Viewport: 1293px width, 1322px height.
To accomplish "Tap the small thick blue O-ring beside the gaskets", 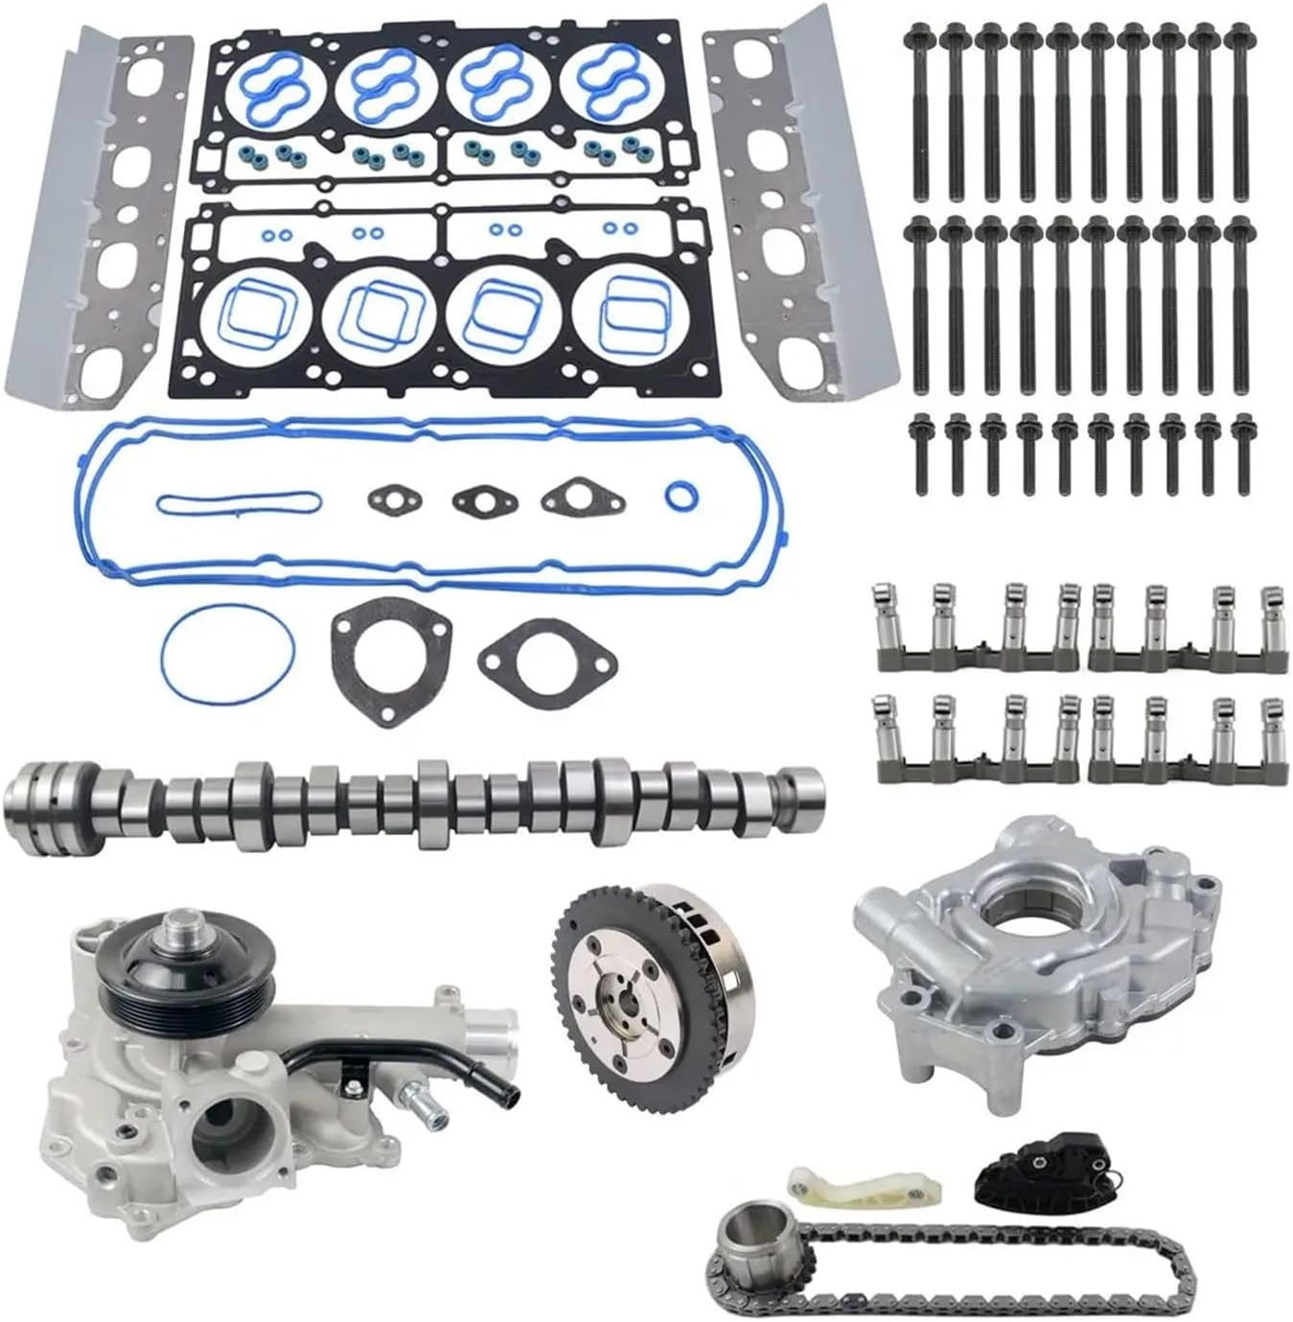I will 680,497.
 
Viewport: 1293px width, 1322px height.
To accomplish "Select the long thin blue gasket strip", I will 237,501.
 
